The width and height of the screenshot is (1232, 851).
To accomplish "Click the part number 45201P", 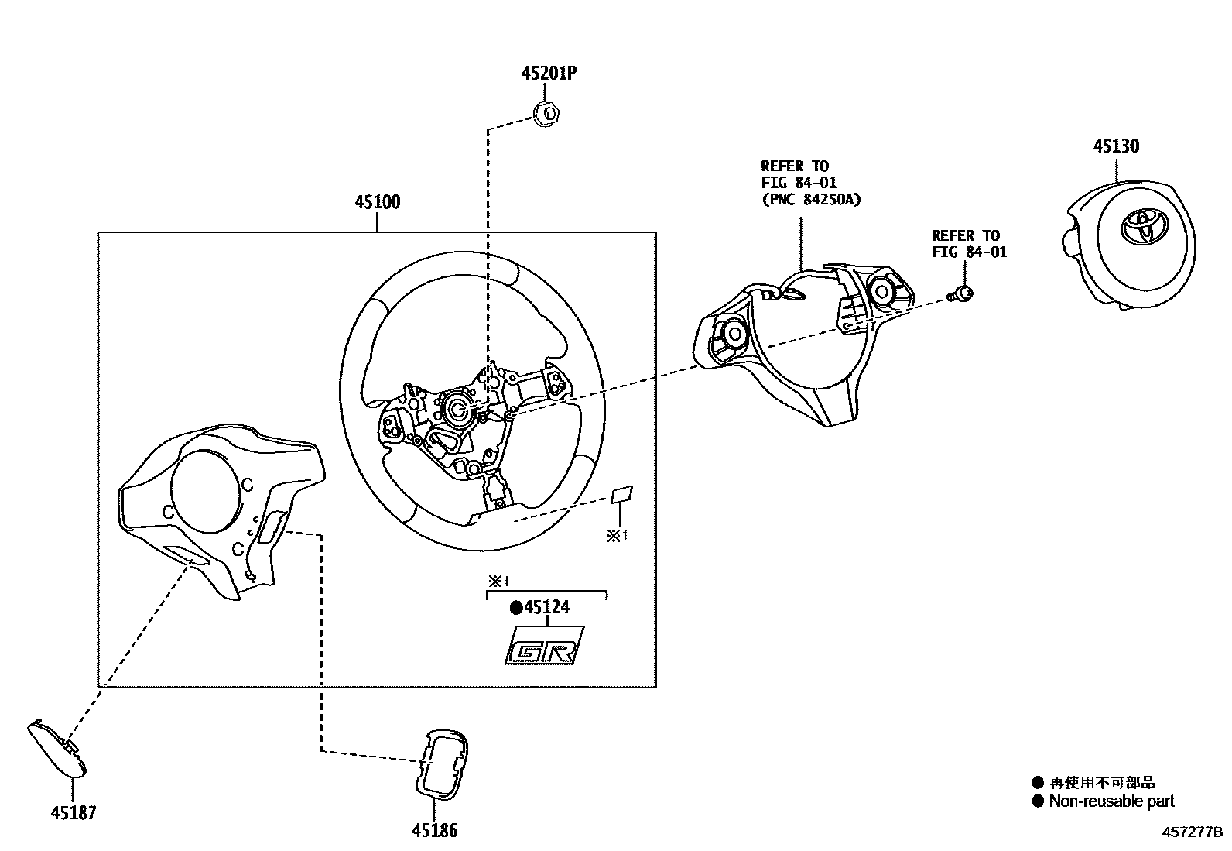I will click(x=549, y=74).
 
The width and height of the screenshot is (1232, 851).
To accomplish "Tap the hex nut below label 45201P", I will click(x=549, y=115).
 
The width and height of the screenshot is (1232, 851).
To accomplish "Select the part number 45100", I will click(x=377, y=202).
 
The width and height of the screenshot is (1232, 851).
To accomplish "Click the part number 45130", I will click(x=1115, y=146).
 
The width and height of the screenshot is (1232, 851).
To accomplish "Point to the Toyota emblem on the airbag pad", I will click(x=1142, y=227).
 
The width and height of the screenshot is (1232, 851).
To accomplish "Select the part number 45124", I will click(x=546, y=608).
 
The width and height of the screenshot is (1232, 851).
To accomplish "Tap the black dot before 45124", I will click(x=515, y=608).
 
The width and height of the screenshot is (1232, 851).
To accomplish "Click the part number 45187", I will click(x=74, y=812).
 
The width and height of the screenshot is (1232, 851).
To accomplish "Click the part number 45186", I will click(x=434, y=831).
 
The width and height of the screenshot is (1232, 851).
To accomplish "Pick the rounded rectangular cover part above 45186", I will click(x=442, y=763).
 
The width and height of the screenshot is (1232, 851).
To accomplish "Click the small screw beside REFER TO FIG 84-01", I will click(x=962, y=293).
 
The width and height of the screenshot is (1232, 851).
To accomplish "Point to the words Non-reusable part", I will click(x=1111, y=801).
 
